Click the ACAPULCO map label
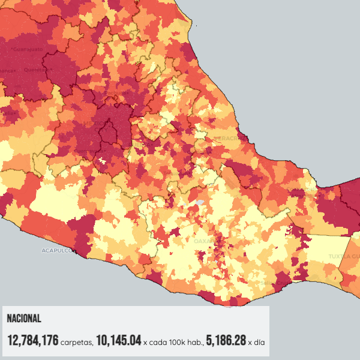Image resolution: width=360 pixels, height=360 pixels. pos(57,250)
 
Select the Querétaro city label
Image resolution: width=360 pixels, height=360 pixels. pos(37,70)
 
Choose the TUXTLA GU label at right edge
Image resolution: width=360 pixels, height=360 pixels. pos(343,256)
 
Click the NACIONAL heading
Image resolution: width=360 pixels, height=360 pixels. pos(23,319)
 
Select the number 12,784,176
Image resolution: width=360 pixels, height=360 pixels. pos(32,341)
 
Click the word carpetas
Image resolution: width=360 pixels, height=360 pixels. pos(77,343)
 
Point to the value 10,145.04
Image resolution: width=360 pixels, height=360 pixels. pos(118,341)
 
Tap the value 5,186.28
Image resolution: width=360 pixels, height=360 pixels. pos(226,341)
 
